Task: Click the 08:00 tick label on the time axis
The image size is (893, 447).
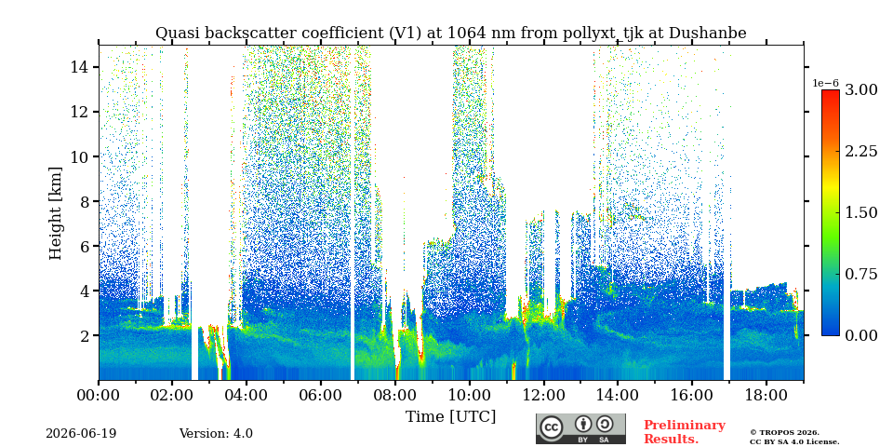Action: point(394,395)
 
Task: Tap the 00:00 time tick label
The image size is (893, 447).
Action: point(99,395)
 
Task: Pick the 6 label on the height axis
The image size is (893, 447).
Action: point(84,246)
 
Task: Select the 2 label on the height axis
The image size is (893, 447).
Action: point(84,336)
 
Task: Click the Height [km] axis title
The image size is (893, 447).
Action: point(55,213)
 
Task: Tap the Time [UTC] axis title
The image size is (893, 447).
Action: point(450,417)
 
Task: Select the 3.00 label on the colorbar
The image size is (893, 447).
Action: point(860,89)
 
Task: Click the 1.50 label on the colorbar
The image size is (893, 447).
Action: point(860,212)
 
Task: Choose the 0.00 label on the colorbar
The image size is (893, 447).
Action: point(860,335)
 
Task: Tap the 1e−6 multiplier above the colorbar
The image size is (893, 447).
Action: point(825,83)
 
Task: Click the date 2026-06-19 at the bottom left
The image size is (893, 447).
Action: point(81,434)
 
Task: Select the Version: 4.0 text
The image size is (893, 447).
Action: point(216,434)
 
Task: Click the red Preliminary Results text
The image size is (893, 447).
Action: point(685,432)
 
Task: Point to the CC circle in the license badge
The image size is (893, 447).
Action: point(552,427)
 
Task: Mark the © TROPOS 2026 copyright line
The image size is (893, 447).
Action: point(784,433)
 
